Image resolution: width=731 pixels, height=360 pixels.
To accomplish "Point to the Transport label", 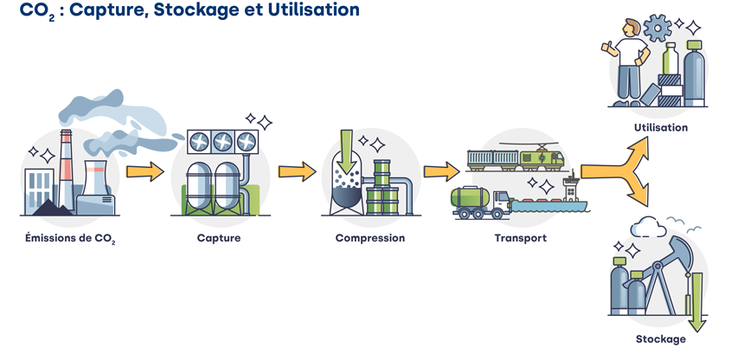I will pyautogui.click(x=520, y=237).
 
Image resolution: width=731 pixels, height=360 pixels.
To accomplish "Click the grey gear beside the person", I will pyautogui.click(x=658, y=29).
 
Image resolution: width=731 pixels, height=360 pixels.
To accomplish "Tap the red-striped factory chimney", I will pyautogui.click(x=66, y=169).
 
